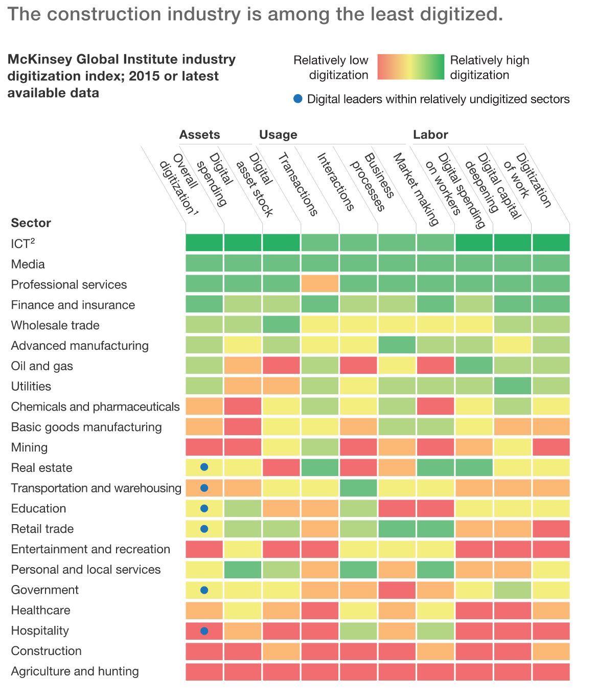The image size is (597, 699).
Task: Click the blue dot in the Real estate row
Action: (204, 467)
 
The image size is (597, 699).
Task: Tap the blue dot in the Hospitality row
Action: (204, 630)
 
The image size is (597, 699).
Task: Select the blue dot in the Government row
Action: (204, 590)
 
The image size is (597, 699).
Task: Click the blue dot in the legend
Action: (298, 99)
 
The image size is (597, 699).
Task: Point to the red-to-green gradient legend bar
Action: (411, 67)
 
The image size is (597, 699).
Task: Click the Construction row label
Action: (47, 651)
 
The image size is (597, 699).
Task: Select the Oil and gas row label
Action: (42, 366)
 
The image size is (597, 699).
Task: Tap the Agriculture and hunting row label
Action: (75, 671)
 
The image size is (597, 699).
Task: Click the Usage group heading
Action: (278, 134)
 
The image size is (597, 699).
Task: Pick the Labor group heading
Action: (430, 134)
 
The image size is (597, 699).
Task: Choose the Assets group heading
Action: (199, 134)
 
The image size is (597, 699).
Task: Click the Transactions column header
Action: (297, 184)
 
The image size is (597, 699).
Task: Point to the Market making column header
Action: (416, 189)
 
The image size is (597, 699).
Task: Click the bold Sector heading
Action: (31, 223)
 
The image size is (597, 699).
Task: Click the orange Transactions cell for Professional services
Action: (320, 283)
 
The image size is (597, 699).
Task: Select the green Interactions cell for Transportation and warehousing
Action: (358, 488)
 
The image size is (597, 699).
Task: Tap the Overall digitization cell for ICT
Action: (204, 242)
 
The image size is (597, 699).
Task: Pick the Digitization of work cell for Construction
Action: (551, 651)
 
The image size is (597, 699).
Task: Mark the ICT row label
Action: (22, 243)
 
